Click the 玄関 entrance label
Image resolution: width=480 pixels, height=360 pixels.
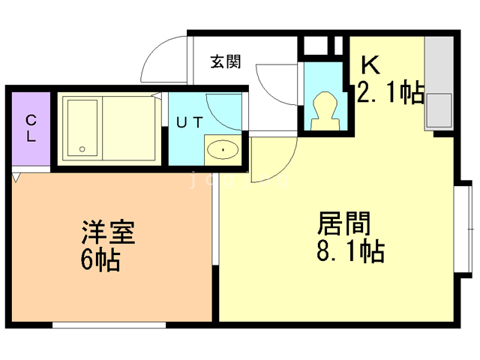click(225, 62)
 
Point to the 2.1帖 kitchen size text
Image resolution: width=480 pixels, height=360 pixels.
click(390, 94)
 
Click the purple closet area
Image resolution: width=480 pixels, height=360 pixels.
click(31, 131)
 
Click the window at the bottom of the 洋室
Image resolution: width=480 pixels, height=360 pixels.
click(109, 325)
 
